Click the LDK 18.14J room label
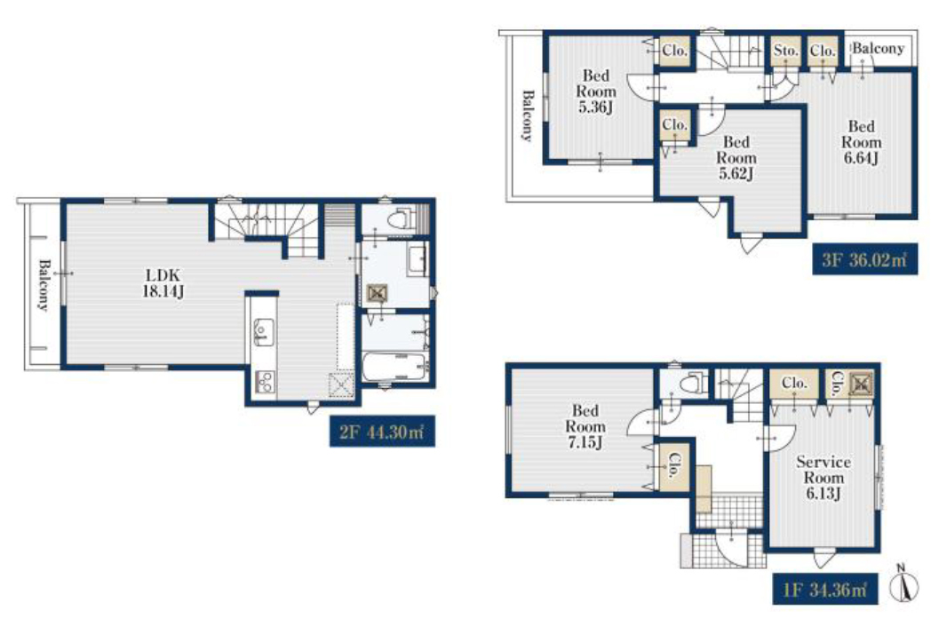(x=163, y=284)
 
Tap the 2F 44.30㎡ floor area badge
(x=382, y=431)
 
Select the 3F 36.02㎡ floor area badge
(x=864, y=259)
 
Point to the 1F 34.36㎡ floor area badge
(x=824, y=589)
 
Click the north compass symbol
(x=903, y=583)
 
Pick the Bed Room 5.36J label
(x=596, y=91)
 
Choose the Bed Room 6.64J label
(x=861, y=142)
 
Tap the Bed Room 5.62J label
(x=736, y=158)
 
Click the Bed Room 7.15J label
(x=585, y=426)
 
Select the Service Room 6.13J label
(x=824, y=478)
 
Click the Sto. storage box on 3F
(x=785, y=51)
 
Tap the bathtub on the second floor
(x=394, y=366)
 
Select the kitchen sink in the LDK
(x=262, y=332)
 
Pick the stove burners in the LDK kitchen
(x=264, y=381)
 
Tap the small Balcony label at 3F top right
(x=878, y=48)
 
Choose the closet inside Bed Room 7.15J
(x=674, y=466)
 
